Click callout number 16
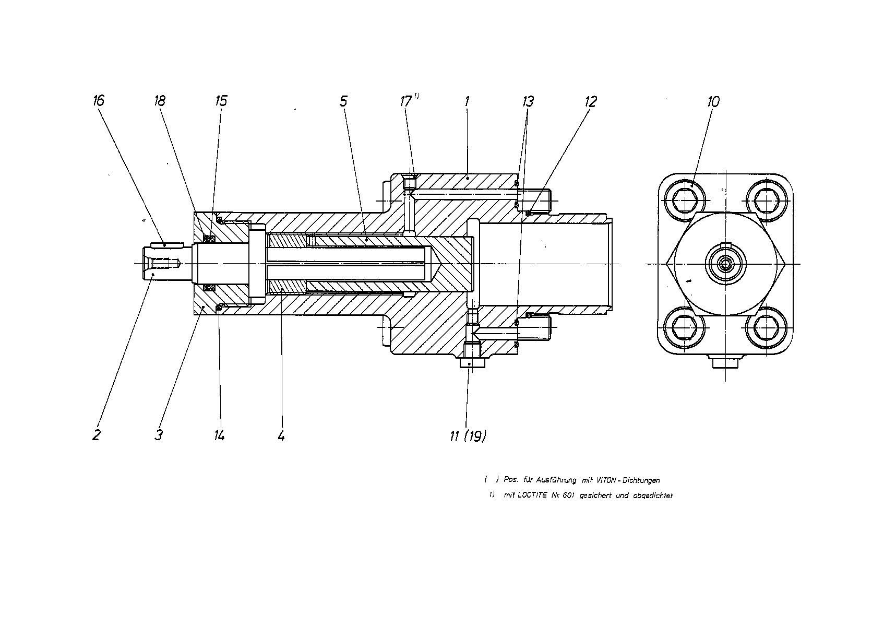(99, 101)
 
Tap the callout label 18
(160, 101)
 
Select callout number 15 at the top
(221, 101)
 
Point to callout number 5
(344, 101)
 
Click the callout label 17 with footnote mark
(410, 101)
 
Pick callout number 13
(528, 102)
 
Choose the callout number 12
(591, 102)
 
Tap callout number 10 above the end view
(713, 102)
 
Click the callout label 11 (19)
(468, 437)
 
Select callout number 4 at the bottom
(281, 435)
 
